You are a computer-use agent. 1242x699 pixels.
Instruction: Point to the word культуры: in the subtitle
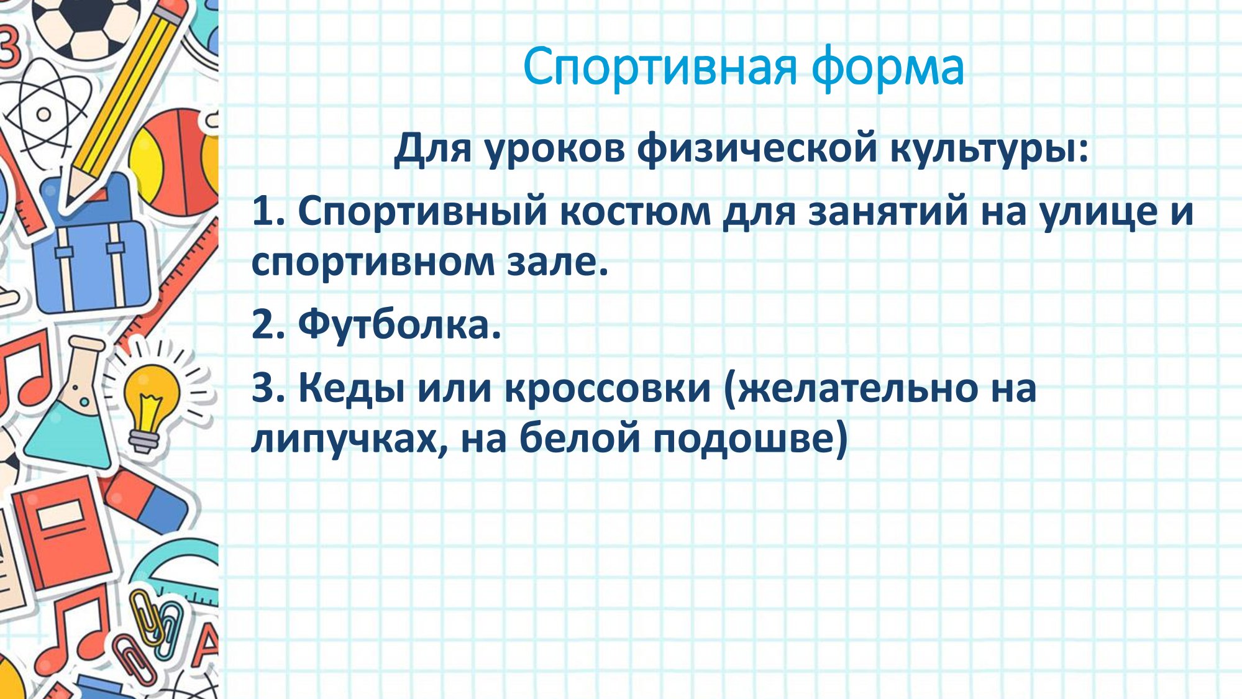989,150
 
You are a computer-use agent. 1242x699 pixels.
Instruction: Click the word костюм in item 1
635,212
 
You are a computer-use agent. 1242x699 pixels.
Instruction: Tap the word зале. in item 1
557,262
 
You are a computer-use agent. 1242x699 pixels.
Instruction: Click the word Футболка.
400,324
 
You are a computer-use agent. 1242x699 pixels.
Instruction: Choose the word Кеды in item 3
352,389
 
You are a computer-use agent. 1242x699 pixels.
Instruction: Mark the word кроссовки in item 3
607,389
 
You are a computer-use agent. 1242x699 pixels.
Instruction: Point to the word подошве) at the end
750,437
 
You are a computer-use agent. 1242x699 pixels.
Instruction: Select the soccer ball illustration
84,25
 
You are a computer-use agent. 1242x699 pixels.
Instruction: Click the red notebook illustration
62,534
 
